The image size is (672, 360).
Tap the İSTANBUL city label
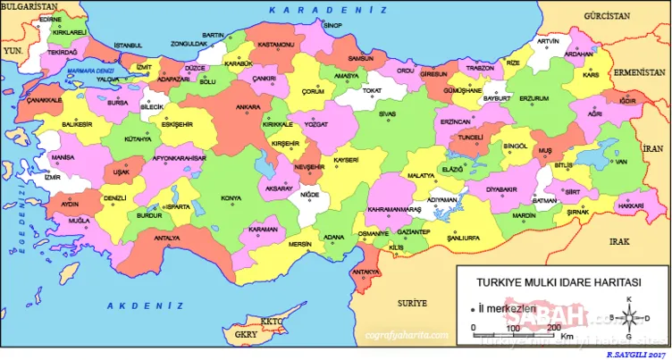(128, 45)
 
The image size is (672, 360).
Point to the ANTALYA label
(167, 239)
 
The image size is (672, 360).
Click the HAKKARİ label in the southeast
(630, 205)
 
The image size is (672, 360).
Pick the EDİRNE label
(50, 19)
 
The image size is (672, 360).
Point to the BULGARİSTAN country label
(28, 6)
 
